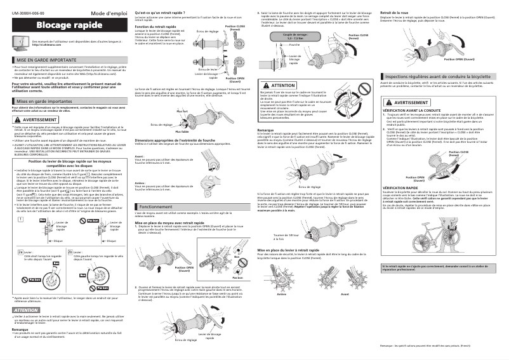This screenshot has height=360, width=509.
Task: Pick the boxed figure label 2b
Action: pyautogui.click(x=70, y=251)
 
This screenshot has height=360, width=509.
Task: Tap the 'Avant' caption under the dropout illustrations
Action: pyautogui.click(x=345, y=295)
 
